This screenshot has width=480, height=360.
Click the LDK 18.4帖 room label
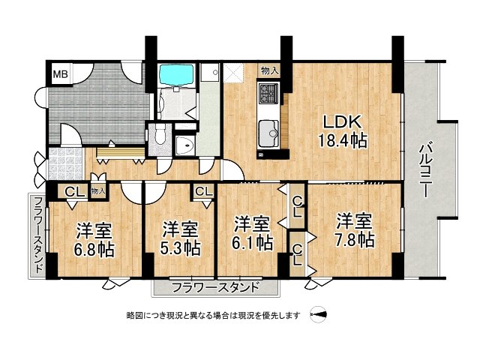click(343, 130)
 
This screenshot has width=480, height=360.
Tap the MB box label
click(58, 73)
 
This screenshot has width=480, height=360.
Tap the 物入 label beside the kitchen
click(270, 70)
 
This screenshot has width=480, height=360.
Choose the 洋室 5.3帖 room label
click(181, 236)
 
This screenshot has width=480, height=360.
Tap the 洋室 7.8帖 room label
click(354, 230)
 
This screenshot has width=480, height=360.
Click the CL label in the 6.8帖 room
click(73, 191)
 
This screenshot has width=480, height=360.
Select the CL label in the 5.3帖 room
click(203, 192)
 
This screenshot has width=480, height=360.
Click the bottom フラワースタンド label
click(215, 286)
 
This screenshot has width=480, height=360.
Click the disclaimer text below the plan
click(213, 316)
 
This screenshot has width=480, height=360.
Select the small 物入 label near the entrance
click(98, 191)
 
